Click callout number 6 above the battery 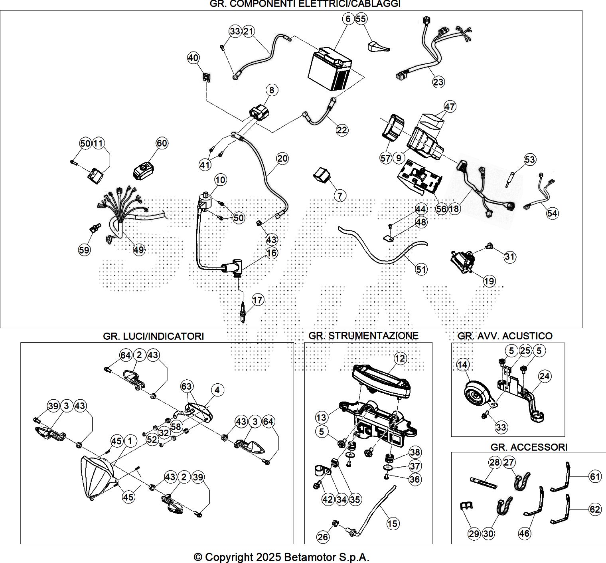pos(348,19)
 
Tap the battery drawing pos(330,68)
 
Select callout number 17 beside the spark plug pos(258,300)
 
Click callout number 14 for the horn pos(463,365)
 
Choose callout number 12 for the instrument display pos(400,358)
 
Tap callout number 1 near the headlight pos(130,441)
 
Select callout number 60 pos(162,143)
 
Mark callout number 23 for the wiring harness pos(438,82)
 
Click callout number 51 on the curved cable pos(421,270)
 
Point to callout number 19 pos(489,281)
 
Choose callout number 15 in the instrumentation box pos(393,523)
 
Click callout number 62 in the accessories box pos(595,509)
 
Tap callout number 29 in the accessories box pos(474,533)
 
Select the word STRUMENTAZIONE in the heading pos(373,336)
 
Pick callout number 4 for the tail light pos(217,390)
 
